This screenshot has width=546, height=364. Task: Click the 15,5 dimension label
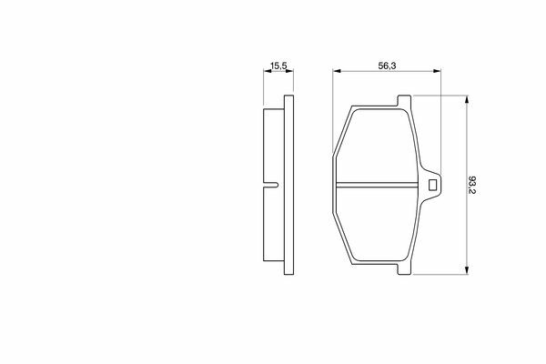tap(278, 66)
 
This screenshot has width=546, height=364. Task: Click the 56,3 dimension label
tap(388, 66)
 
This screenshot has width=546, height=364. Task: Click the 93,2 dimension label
tap(472, 185)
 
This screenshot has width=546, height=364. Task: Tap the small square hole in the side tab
tap(432, 185)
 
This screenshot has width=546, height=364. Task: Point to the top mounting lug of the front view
tap(404, 101)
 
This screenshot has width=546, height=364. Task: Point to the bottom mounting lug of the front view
tap(404, 268)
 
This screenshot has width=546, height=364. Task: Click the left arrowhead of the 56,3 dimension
tap(337, 71)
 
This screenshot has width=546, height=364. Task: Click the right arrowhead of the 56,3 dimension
tap(437, 71)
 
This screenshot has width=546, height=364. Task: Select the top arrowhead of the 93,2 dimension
tap(467, 99)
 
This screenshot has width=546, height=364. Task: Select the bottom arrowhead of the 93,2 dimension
tap(467, 270)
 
